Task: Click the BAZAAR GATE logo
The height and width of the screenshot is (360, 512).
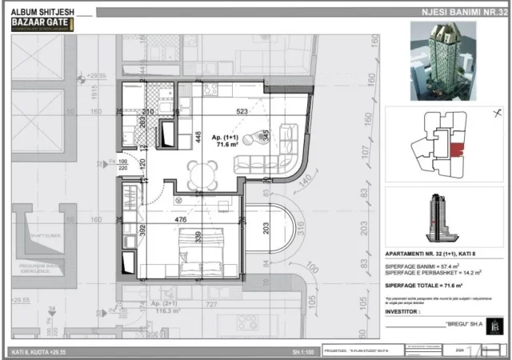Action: coord(40,23)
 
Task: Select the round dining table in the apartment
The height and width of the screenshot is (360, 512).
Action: coord(202,171)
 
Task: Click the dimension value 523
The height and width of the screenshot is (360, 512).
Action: coord(241,112)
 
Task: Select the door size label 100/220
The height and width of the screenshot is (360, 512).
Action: coord(101,166)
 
